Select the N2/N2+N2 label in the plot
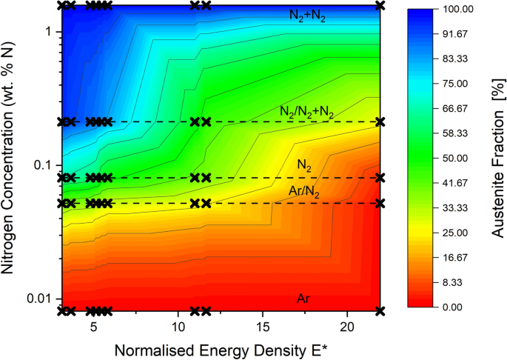pyautogui.click(x=306, y=112)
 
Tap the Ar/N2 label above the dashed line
pyautogui.click(x=305, y=192)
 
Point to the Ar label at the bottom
pyautogui.click(x=303, y=299)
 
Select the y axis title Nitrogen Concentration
pyautogui.click(x=13, y=159)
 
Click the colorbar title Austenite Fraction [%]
pyautogui.click(x=497, y=158)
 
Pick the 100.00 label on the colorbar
pyautogui.click(x=458, y=9)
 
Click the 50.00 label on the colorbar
pyautogui.click(x=458, y=158)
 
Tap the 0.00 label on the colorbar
pyautogui.click(x=458, y=307)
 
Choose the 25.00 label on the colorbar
pyautogui.click(x=458, y=233)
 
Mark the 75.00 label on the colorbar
pyautogui.click(x=458, y=84)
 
